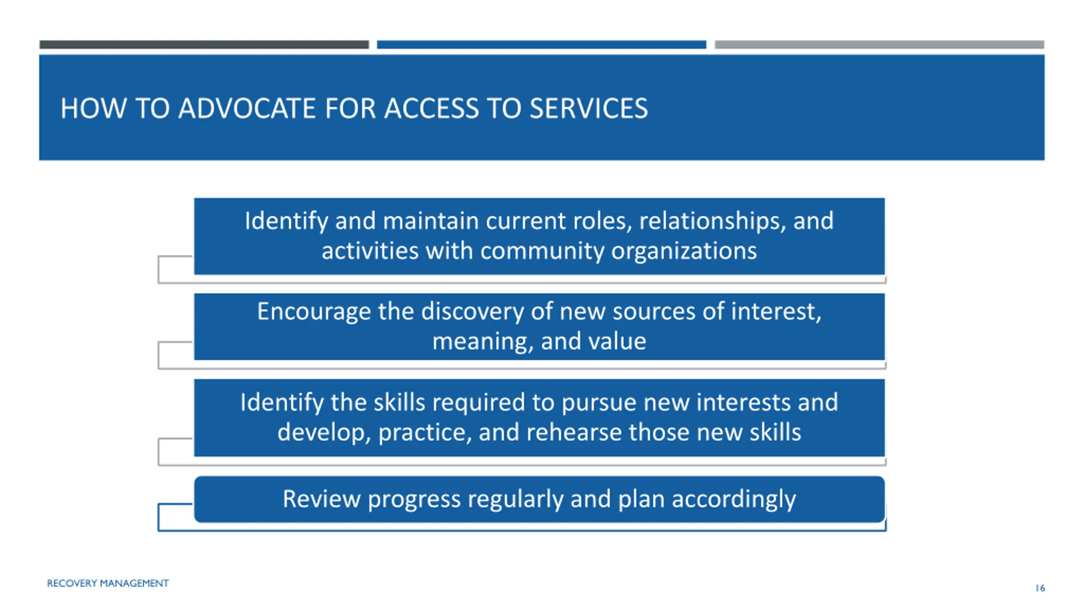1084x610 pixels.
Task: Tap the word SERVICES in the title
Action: pos(589,108)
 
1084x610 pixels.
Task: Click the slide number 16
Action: pos(1040,588)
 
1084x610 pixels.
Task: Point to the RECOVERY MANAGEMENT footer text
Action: pos(108,583)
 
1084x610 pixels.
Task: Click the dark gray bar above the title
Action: pos(204,44)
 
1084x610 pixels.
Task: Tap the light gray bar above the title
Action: pos(879,44)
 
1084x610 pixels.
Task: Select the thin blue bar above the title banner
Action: pos(542,44)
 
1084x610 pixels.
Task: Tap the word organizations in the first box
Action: pos(684,251)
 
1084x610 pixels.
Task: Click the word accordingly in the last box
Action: pos(734,499)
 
